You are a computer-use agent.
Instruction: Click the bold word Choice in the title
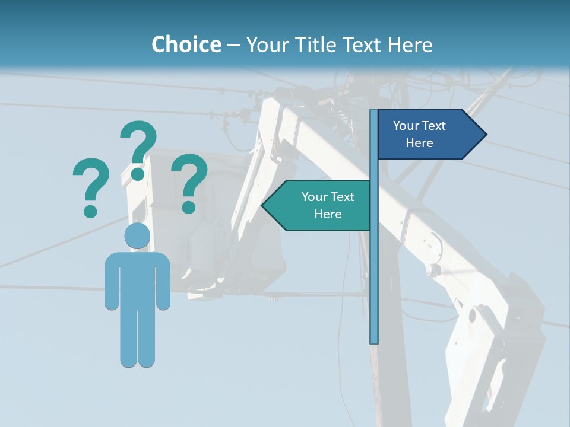click(186, 44)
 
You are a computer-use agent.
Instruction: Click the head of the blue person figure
click(137, 235)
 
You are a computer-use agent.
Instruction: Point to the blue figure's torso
click(137, 279)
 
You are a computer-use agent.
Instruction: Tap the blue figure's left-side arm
click(111, 282)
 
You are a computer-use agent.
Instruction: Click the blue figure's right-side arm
click(163, 282)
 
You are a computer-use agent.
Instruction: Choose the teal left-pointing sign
click(321, 205)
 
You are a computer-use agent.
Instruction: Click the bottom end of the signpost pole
click(374, 340)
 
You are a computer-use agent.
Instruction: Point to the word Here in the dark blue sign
click(419, 143)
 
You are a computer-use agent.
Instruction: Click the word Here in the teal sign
click(328, 214)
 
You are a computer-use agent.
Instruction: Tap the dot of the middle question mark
click(138, 173)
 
